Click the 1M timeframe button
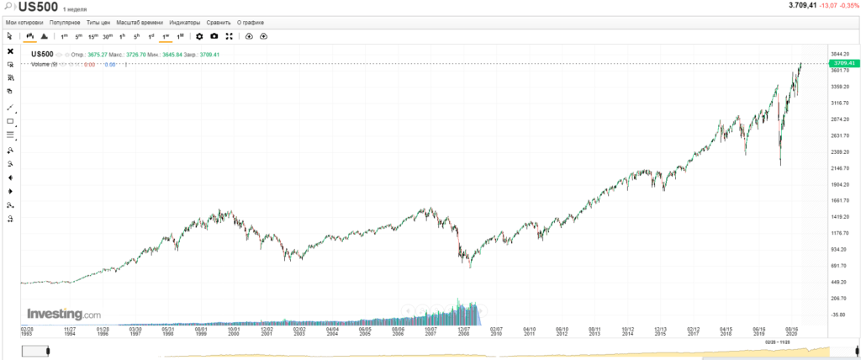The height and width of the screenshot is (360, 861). click(x=180, y=36)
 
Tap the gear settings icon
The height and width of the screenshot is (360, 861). click(x=199, y=36)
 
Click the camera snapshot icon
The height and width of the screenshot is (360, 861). click(x=214, y=36)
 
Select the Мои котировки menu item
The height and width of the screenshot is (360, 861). click(x=24, y=22)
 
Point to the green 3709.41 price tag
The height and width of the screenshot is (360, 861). click(x=843, y=63)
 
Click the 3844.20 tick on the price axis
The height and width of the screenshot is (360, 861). click(x=840, y=55)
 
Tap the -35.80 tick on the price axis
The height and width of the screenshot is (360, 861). click(x=837, y=315)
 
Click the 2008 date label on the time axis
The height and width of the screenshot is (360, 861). click(x=462, y=334)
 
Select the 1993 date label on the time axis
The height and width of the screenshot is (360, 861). click(x=27, y=334)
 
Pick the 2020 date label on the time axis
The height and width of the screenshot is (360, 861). click(x=791, y=334)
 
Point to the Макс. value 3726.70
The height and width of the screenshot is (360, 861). click(x=135, y=55)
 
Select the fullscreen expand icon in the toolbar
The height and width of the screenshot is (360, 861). click(x=229, y=36)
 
